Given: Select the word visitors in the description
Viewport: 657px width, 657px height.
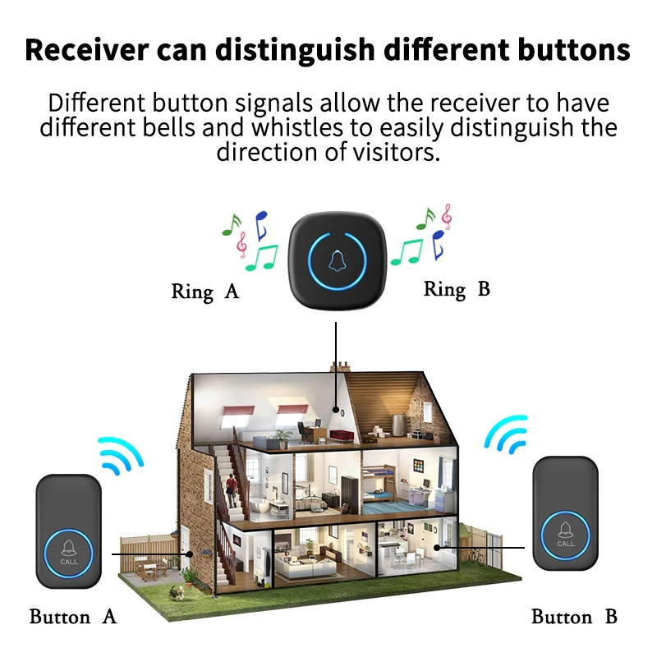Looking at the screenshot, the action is (x=390, y=152).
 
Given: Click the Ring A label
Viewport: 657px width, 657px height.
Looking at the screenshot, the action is (x=204, y=292).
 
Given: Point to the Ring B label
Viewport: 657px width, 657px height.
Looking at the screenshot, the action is (x=457, y=289).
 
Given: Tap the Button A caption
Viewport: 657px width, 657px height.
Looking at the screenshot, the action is (x=73, y=617).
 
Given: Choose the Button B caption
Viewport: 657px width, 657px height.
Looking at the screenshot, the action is (x=574, y=617).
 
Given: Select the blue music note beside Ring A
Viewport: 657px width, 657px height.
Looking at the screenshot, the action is (x=261, y=223).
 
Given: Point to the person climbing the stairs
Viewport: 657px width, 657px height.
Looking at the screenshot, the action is (x=233, y=490).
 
